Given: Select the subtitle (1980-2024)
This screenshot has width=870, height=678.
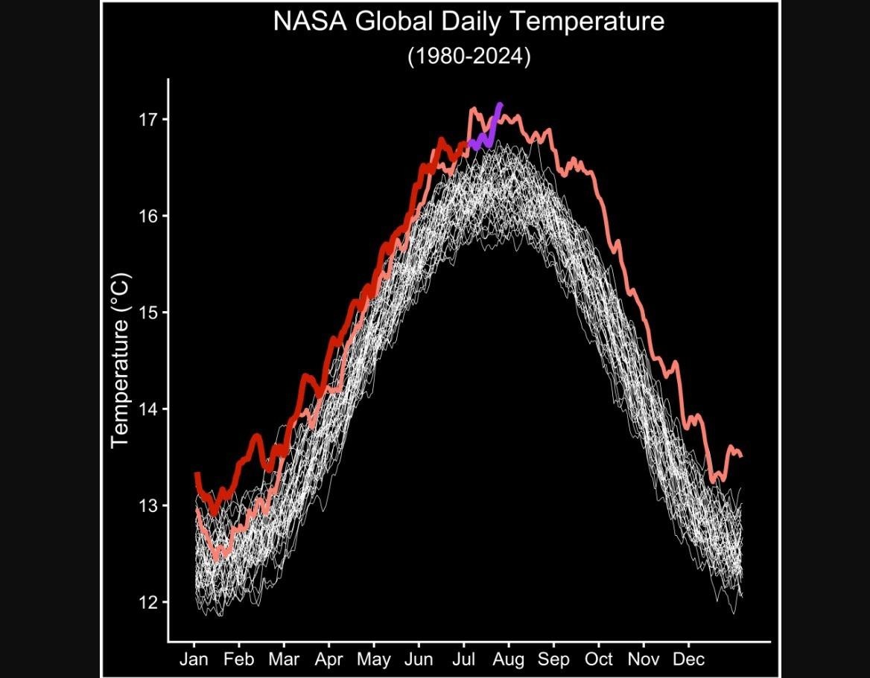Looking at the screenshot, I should [469, 57].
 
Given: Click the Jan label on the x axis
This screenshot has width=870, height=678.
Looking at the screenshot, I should [194, 659].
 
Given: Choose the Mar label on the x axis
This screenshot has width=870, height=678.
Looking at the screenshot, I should [284, 659].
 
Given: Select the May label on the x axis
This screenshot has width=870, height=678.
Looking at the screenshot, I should [374, 659].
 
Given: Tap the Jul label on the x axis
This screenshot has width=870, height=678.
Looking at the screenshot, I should [464, 659].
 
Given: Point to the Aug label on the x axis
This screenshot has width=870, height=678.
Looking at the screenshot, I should [509, 659].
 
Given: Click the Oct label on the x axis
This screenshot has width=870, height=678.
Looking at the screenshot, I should [599, 659].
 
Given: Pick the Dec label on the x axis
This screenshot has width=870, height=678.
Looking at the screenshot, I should [688, 659].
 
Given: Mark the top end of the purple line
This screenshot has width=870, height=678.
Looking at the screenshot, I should [501, 104].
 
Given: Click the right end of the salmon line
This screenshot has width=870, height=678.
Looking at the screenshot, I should [741, 456].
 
